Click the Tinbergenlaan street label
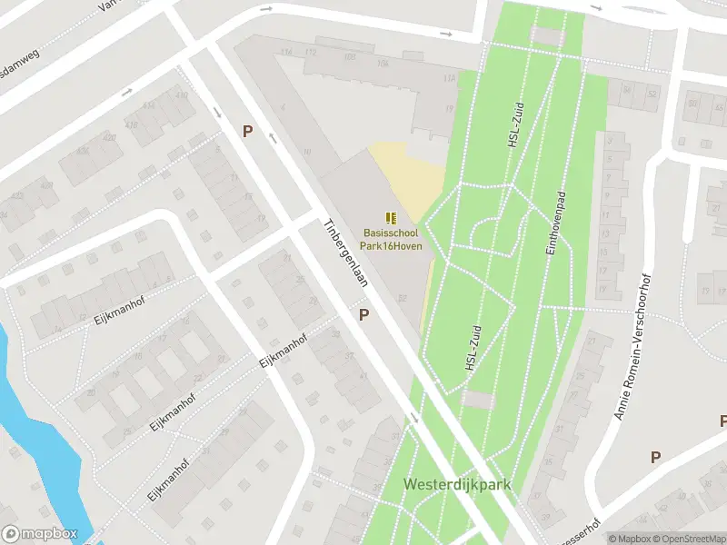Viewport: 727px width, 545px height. pyautogui.click(x=346, y=253)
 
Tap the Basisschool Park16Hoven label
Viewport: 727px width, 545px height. pyautogui.click(x=393, y=240)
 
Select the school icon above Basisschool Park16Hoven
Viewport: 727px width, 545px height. pyautogui.click(x=392, y=218)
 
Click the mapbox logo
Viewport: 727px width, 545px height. pyautogui.click(x=40, y=534)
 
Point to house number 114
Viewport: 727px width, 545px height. pyautogui.click(x=287, y=52)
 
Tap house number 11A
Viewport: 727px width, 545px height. pyautogui.click(x=447, y=79)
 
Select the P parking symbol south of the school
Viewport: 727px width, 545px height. pyautogui.click(x=364, y=314)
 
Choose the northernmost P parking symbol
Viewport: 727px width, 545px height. pyautogui.click(x=247, y=131)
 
